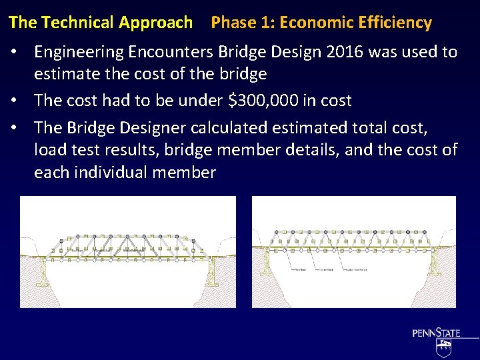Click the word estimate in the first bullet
(x=64, y=74)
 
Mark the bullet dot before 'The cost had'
(x=21, y=101)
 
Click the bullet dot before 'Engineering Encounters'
(x=21, y=52)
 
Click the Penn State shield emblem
(x=443, y=346)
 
